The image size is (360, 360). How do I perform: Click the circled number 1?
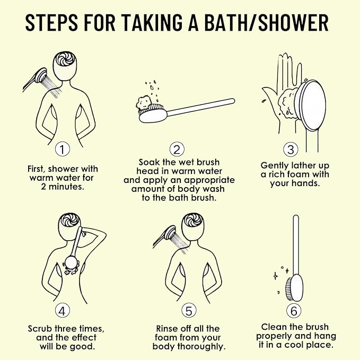point(62,150)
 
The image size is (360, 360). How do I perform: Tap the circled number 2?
point(177,150)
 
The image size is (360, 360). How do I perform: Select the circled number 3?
point(291,150)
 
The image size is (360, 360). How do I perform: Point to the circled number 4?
point(62,311)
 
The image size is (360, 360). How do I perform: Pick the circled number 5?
point(189,311)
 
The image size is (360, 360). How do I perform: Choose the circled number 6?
point(294,311)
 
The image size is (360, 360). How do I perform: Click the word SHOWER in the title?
point(293,22)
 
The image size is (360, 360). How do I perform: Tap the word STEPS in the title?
point(51,22)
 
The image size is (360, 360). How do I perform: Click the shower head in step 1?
point(41,75)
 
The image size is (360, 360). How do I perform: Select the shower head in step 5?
point(170,233)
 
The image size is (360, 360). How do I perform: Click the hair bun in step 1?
point(65,58)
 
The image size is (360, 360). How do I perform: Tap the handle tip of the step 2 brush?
point(233,101)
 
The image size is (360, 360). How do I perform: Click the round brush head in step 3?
point(311,106)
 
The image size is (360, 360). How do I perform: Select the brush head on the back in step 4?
point(71,262)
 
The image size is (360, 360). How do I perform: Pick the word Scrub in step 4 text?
point(40,329)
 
